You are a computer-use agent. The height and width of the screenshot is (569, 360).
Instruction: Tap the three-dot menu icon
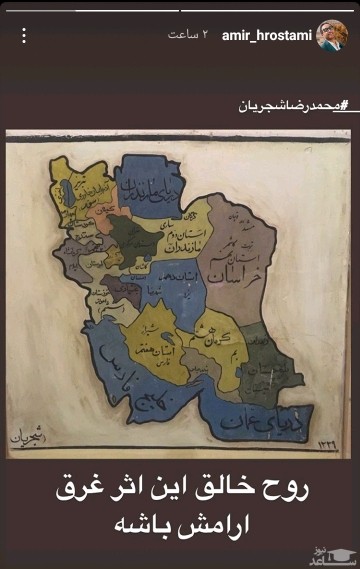pos(23,35)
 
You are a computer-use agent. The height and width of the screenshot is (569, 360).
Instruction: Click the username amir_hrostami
pos(269,35)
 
